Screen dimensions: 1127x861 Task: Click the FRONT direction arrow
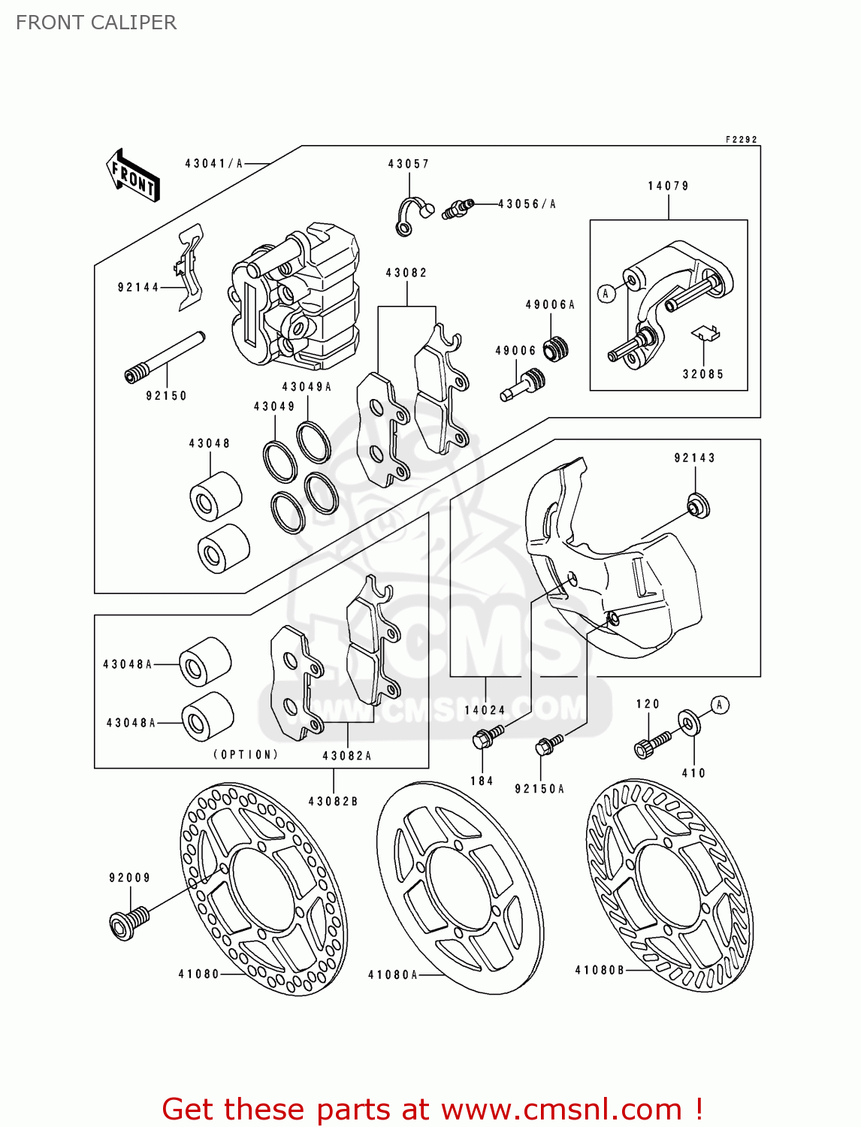point(133,175)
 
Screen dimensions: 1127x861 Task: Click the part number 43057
point(408,164)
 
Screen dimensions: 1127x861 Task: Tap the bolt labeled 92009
point(128,922)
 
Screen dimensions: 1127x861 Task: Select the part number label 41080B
point(600,970)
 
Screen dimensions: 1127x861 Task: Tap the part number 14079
point(668,186)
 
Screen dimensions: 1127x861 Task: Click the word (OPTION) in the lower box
point(246,754)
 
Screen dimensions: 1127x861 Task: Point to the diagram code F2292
point(741,140)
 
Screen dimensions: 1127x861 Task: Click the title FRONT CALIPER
point(96,23)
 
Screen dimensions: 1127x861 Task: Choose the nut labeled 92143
point(699,506)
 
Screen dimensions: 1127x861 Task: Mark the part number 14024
point(485,710)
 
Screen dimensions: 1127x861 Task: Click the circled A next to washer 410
point(720,705)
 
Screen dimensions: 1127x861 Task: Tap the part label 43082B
point(333,802)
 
